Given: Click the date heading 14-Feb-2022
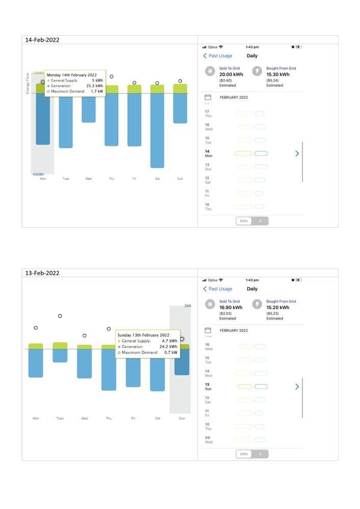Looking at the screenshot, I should (x=42, y=40).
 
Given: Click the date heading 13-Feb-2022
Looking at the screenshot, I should (x=42, y=273).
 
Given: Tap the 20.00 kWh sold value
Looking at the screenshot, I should (x=231, y=74).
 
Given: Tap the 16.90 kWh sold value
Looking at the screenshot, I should (x=231, y=308).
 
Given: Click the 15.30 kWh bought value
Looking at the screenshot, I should (x=278, y=74).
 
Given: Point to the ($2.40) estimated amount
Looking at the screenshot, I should (x=226, y=81).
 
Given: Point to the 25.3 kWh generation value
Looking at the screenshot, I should (x=96, y=86).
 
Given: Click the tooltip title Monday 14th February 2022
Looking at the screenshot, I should (x=71, y=75).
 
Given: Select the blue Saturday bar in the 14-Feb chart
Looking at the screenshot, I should (x=157, y=130).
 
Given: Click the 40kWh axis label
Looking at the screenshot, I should (x=38, y=174).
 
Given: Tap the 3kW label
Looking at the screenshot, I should (x=187, y=306).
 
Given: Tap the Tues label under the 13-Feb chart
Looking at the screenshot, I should (x=60, y=418).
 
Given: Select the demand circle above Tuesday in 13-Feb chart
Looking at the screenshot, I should (x=60, y=316).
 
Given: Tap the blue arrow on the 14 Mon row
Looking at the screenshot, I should (x=297, y=153).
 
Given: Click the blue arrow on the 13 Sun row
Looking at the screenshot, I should (x=297, y=387).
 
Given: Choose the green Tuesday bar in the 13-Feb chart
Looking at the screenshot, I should (x=60, y=345).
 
